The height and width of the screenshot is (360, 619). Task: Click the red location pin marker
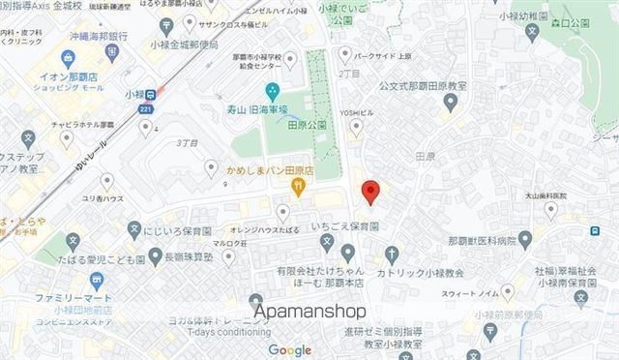[368, 191]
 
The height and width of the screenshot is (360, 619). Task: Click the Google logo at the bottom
[290, 349]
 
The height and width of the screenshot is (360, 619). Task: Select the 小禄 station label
[136, 94]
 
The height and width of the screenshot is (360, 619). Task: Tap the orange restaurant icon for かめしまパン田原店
[299, 189]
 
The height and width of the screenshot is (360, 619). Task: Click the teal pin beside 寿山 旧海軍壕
[273, 92]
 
